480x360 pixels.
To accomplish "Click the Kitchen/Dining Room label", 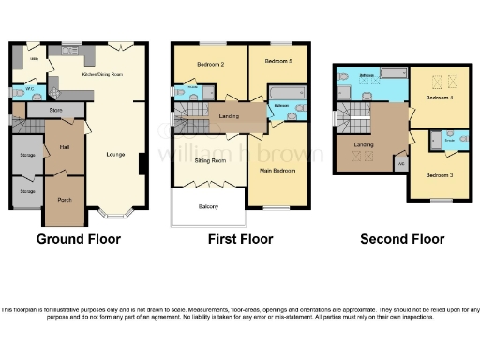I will point(104,74).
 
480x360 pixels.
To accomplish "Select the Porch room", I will point(65,200).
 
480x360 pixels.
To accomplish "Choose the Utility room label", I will point(34,58).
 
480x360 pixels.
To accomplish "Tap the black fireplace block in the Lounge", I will point(142,164).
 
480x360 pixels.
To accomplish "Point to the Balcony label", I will point(208,205).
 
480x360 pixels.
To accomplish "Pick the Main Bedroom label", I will point(277,171).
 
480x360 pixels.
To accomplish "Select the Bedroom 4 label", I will point(439,97).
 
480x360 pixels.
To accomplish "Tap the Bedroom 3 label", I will point(439,175).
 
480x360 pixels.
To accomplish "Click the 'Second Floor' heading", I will point(401,239).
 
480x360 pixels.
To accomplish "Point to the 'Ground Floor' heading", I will point(79,239).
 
